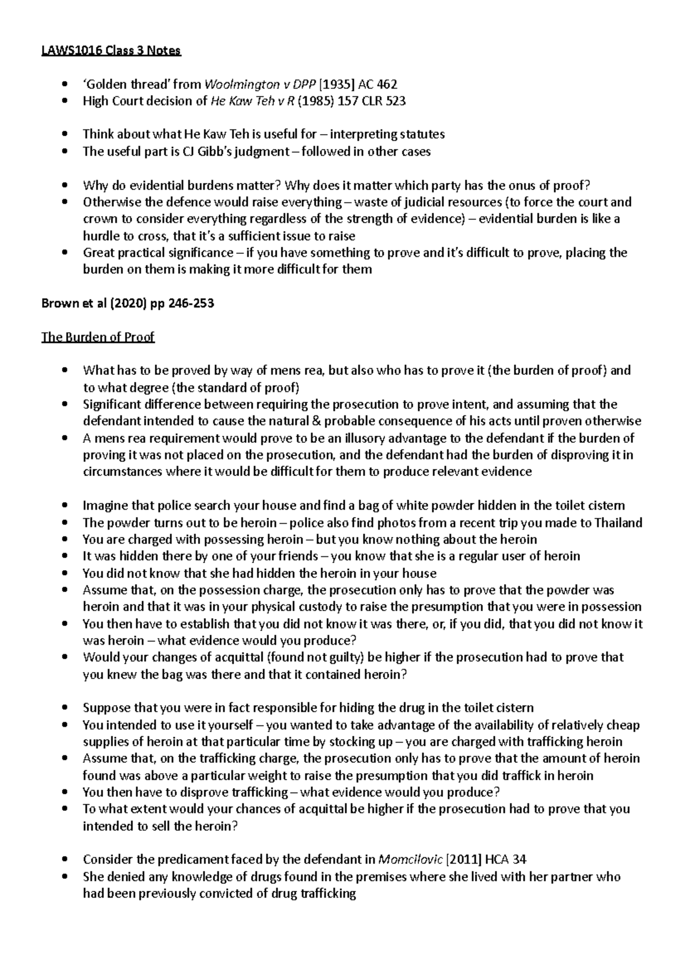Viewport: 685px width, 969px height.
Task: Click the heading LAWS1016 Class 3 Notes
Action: point(111,51)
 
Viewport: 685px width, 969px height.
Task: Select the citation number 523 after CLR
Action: point(394,102)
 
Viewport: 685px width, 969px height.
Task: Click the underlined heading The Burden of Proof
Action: point(98,337)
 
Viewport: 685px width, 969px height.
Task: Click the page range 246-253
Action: point(191,304)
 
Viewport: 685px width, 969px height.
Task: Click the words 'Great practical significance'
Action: point(158,253)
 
